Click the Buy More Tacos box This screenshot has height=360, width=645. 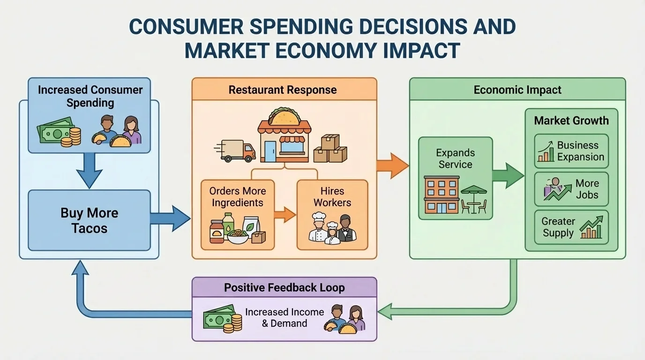pyautogui.click(x=89, y=220)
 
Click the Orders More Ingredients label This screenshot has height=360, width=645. pyautogui.click(x=237, y=197)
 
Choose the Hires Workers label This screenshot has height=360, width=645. pyautogui.click(x=332, y=197)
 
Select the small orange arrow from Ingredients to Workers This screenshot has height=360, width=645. pyautogui.click(x=285, y=215)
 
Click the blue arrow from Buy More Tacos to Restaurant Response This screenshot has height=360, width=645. pyautogui.click(x=170, y=218)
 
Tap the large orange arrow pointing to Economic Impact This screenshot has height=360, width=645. pyautogui.click(x=392, y=166)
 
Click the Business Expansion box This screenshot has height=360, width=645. pyautogui.click(x=571, y=151)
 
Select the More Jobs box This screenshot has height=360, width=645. pyautogui.click(x=571, y=189)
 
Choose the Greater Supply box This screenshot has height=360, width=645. pyautogui.click(x=571, y=227)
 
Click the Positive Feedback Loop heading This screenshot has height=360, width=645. pyautogui.click(x=284, y=287)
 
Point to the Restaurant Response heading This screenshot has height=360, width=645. pyautogui.click(x=282, y=90)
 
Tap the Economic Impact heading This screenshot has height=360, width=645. pyautogui.click(x=517, y=90)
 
